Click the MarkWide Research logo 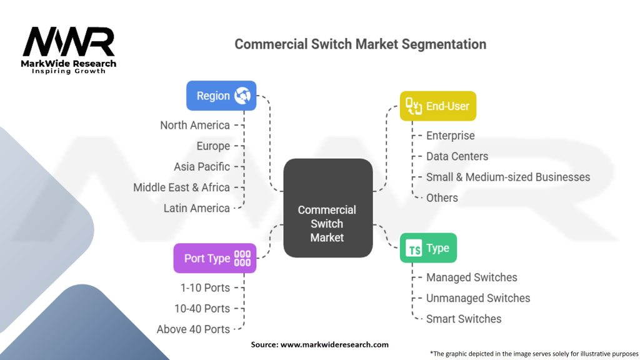click(69, 49)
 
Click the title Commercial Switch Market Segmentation click(360, 44)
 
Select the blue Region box click(221, 96)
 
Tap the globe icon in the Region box click(242, 96)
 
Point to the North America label click(194, 125)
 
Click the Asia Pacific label click(202, 167)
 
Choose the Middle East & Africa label click(181, 187)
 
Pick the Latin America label click(196, 208)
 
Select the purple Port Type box click(214, 258)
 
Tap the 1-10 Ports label click(204, 287)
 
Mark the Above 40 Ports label click(193, 329)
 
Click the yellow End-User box click(438, 106)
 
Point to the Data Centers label click(457, 156)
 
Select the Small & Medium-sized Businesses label click(507, 177)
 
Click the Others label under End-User click(442, 197)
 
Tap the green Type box click(428, 248)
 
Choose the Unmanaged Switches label click(478, 298)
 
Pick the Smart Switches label click(464, 319)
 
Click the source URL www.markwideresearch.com click(334, 344)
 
